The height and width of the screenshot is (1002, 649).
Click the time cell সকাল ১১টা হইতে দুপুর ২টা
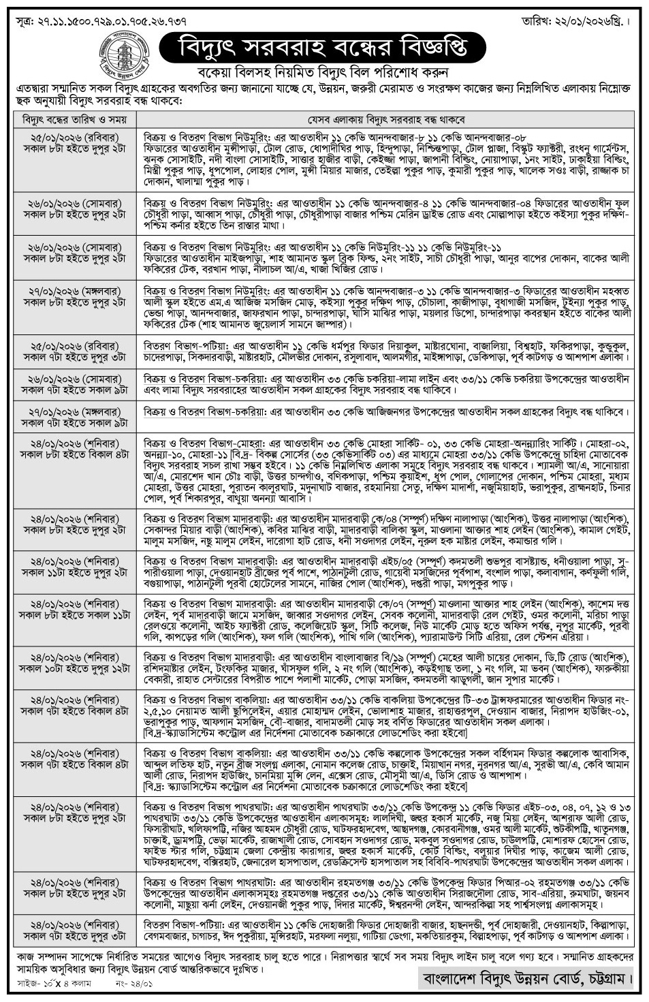tap(75, 574)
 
